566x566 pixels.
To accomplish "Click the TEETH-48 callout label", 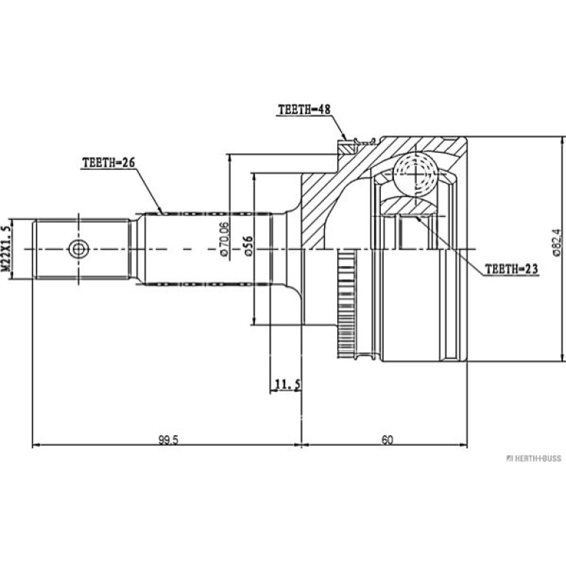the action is point(304,110).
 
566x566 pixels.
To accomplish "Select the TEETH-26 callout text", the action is point(109,162).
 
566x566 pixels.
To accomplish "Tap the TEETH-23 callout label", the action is point(511,269).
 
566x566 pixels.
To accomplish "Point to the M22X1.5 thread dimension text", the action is point(6,248).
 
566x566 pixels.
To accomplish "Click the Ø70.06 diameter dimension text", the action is point(224,239).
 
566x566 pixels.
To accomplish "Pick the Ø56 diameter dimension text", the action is point(248,246).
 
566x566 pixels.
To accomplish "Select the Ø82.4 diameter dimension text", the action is point(556,243).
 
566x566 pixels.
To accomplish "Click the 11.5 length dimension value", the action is point(287,384).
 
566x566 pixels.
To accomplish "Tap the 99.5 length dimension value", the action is point(168,440).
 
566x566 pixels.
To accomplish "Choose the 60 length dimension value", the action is point(387,440).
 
